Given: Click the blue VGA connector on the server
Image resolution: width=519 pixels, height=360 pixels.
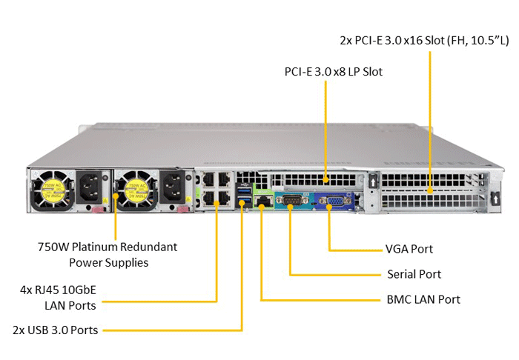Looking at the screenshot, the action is [334, 201].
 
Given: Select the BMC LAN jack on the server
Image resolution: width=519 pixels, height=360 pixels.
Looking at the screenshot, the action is [262, 201].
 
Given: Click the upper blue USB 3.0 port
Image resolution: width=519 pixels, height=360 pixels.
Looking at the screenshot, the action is [244, 190].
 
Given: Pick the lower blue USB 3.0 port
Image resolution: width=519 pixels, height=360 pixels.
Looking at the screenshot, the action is [244, 201].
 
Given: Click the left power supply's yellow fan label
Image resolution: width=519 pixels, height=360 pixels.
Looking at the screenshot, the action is [53, 190].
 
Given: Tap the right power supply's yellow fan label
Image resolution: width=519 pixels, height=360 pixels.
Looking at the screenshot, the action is [136, 190].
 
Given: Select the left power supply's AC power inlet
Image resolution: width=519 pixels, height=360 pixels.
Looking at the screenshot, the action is [89, 187].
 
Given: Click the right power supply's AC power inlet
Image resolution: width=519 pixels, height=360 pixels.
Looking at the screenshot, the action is [173, 187].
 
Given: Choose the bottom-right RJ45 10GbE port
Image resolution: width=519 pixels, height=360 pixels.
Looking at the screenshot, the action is [224, 199].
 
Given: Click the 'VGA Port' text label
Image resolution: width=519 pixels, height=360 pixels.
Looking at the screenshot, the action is [409, 249].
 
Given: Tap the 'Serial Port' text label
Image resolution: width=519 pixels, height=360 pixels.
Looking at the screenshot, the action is [414, 274].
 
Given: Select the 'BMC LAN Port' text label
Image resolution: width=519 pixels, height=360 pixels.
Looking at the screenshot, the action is [423, 299].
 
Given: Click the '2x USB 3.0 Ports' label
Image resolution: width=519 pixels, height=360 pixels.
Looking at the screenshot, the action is [56, 330].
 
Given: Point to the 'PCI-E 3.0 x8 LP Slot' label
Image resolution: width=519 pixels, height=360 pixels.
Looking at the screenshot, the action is [334, 72].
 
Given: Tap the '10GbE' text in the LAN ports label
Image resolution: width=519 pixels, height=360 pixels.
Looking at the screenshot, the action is [79, 290].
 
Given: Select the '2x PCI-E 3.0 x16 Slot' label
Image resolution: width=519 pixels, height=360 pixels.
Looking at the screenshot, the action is [392, 40].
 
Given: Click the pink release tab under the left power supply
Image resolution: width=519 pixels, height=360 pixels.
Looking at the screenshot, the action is [97, 209].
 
